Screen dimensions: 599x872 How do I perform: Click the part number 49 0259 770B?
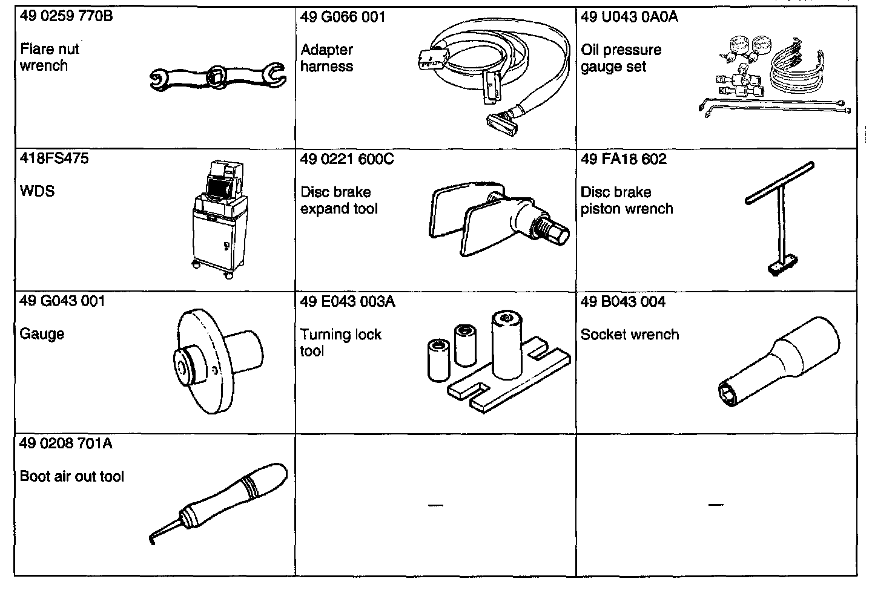[66, 16]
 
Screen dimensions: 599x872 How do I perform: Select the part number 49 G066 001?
[342, 16]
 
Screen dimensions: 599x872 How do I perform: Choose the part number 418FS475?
[54, 159]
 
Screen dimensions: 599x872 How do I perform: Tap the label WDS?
[37, 191]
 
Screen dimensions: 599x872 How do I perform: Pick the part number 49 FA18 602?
[623, 159]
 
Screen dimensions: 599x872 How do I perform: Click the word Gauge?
[42, 334]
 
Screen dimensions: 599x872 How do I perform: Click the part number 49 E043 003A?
[347, 301]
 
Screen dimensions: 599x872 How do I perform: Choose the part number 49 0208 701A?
[66, 444]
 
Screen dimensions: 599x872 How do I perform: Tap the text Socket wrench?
[629, 335]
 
